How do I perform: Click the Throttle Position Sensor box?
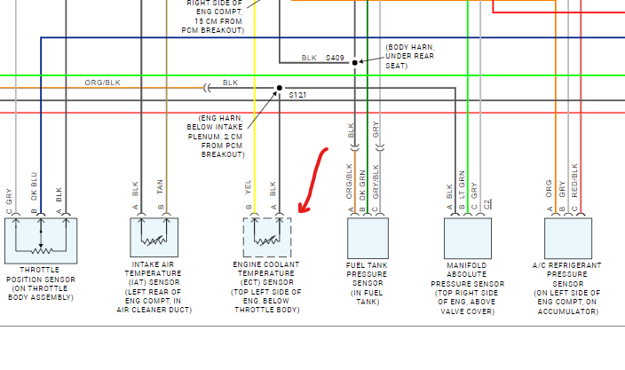(41, 237)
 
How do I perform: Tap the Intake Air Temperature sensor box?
(154, 237)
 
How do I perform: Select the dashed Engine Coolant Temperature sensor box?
(266, 237)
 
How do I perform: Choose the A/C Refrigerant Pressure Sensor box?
(568, 237)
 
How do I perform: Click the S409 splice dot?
(355, 62)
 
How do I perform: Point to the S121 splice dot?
(279, 88)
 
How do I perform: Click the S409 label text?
(334, 58)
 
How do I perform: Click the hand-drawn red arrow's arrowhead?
(303, 210)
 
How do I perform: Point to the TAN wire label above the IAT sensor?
(162, 189)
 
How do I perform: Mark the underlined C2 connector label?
(487, 202)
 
